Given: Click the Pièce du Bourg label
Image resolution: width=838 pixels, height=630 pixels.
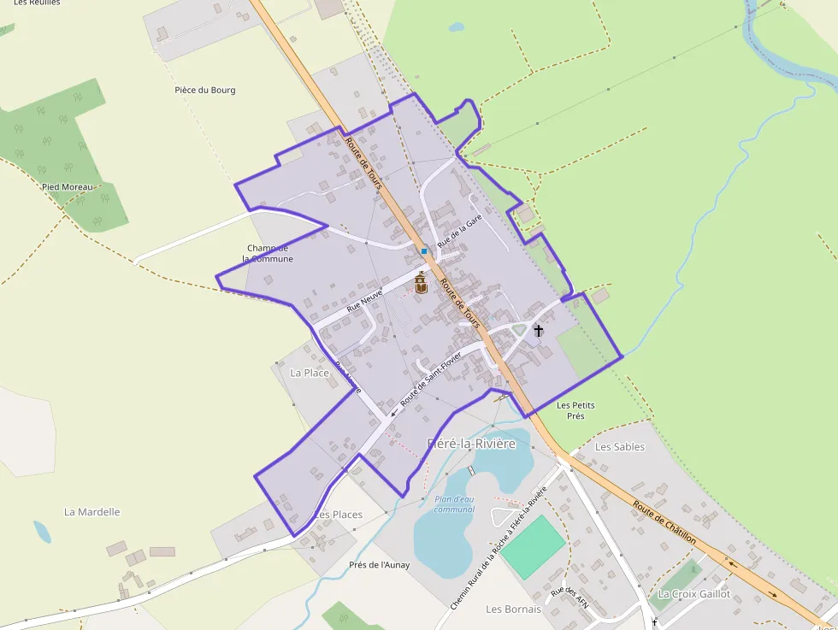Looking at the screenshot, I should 204,90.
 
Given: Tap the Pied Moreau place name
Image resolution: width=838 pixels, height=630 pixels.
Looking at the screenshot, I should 67,186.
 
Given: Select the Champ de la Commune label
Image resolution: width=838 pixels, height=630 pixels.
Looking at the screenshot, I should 268,253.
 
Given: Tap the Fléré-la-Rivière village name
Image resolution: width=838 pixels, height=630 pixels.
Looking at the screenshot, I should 471,444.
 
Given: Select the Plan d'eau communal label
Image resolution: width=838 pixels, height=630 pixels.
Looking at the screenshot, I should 453,504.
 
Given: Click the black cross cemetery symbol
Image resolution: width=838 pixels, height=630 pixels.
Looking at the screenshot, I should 539,330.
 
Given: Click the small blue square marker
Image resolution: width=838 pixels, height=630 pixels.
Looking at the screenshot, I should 423,251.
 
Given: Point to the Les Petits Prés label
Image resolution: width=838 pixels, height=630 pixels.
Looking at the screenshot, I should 575,410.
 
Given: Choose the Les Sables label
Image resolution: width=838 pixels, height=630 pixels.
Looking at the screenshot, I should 619,446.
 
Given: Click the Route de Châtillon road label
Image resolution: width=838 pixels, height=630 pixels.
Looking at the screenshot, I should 664,521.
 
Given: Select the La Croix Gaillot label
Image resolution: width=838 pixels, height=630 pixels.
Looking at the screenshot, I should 693,593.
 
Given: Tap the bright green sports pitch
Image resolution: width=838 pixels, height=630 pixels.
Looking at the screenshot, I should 532,546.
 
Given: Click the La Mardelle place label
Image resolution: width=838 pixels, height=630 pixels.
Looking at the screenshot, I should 92,512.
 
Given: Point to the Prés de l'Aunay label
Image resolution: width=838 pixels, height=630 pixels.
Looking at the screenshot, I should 379,564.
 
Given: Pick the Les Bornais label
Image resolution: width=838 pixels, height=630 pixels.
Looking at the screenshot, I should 513,609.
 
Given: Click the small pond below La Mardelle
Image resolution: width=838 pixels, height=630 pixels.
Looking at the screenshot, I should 42,532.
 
